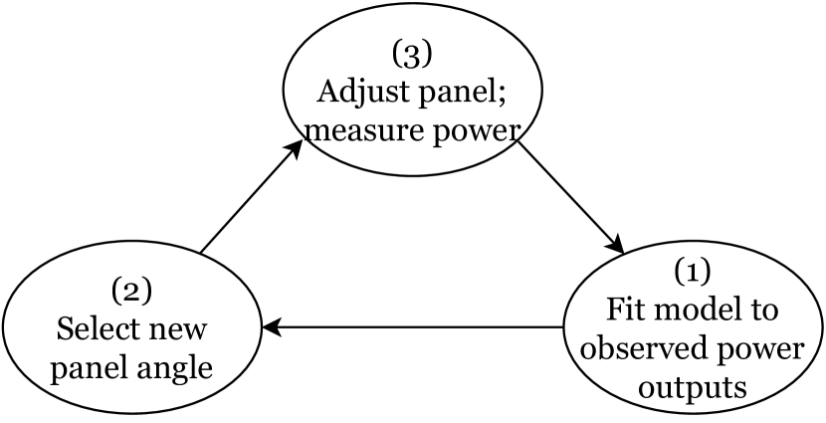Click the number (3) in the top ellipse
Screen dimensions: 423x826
pos(414,52)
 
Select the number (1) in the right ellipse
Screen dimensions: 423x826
pos(693,271)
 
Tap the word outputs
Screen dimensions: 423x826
pos(694,385)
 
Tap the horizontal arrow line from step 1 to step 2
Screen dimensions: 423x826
pos(418,326)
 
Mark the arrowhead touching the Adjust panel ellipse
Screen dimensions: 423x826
pos(295,148)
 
